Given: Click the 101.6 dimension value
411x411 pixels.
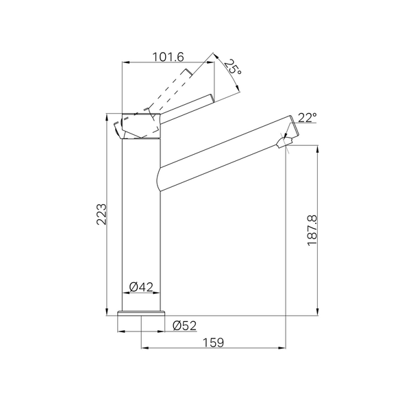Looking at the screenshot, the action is pos(169,57).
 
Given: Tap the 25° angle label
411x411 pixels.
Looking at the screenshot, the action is pos(232,66).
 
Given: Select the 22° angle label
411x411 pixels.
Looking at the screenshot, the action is pos(307,118).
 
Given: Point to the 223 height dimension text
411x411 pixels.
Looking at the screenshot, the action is pos(101,214).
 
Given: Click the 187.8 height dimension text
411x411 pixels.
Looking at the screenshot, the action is pos(312,230).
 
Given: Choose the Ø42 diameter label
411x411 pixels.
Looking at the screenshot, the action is pos(141,287).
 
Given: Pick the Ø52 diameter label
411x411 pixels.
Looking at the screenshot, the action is pos(184,325).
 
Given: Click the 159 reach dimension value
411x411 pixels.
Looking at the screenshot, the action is pos(214,342).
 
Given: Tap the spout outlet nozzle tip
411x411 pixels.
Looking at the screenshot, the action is pos(284,142).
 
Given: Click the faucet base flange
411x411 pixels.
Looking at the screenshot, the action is pos(141,313).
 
